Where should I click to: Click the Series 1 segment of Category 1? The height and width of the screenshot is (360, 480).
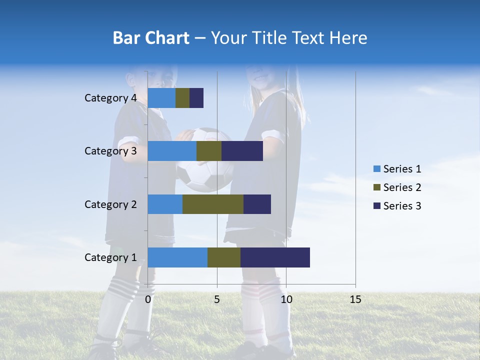pos(177,257)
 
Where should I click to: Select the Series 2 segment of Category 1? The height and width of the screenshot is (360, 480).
pos(224,257)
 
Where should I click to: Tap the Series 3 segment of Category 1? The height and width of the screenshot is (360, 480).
pos(275,257)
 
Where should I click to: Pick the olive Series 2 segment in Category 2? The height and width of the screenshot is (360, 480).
pos(213,204)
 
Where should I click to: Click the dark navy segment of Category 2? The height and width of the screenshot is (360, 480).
pos(257,204)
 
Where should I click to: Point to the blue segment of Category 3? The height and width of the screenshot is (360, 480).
pos(172,151)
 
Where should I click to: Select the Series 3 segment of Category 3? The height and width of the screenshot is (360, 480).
pos(242,151)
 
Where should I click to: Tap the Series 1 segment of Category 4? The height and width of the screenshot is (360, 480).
pos(161,98)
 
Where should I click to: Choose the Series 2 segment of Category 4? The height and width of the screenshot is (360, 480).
pos(182,98)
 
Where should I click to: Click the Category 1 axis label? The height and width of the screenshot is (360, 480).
pos(110,257)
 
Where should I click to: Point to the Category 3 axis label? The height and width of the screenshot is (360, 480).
pos(110,151)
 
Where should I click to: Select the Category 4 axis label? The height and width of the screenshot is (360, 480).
pos(110,98)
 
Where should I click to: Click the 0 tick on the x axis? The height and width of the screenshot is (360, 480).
pos(148,299)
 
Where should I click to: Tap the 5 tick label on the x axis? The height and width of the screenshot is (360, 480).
pos(217,299)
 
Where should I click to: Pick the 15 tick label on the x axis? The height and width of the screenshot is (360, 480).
pos(355,299)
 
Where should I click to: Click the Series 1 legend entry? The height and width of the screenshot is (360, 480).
pos(397,169)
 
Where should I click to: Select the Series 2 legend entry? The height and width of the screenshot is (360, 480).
pos(397,187)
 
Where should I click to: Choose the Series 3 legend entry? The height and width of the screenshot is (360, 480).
pos(397,206)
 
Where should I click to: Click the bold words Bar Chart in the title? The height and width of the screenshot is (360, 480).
pos(151,38)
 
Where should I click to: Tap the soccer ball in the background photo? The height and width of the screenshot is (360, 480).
pos(205,160)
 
